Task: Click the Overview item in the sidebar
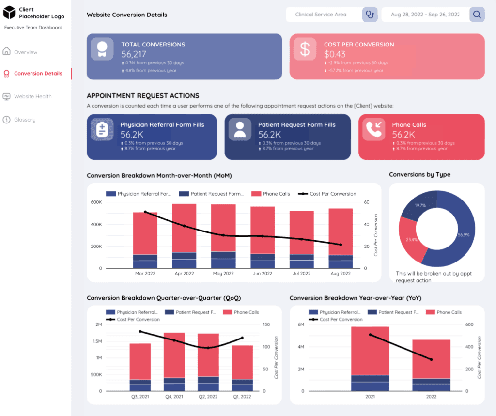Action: click(25, 52)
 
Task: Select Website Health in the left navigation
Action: click(32, 97)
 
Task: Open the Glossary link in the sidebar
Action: click(24, 120)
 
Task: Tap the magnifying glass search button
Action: click(477, 15)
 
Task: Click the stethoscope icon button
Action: click(370, 15)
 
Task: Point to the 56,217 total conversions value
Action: click(134, 54)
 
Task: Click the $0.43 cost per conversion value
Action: click(335, 54)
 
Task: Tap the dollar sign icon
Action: click(305, 49)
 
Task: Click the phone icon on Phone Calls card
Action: click(373, 129)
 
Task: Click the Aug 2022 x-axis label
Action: click(341, 274)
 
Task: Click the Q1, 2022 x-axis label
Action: click(242, 397)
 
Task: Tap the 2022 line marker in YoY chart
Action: click(431, 359)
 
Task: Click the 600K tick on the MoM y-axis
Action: click(96, 202)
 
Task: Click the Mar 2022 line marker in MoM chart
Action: click(145, 212)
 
